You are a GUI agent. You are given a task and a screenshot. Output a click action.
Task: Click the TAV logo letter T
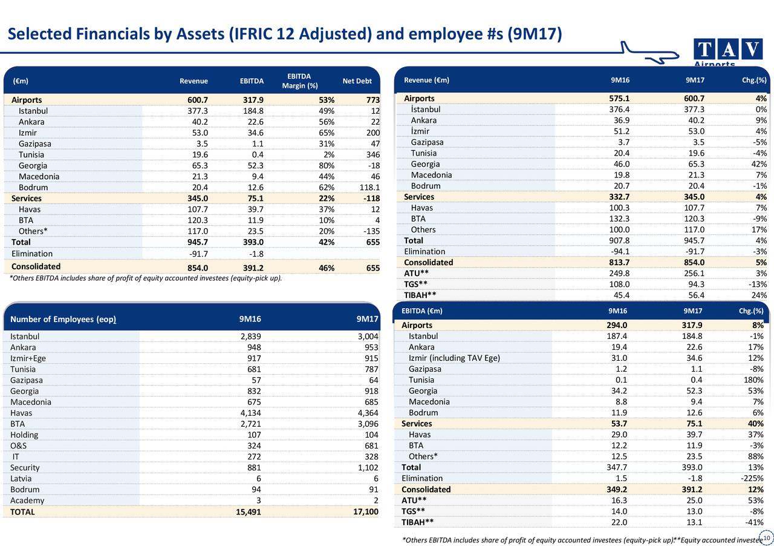tap(704, 49)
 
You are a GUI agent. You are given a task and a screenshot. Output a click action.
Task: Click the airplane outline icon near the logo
tap(649, 53)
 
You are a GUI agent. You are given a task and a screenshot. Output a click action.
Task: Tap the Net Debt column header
tap(357, 81)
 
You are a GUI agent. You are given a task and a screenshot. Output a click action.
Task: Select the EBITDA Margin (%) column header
tap(299, 81)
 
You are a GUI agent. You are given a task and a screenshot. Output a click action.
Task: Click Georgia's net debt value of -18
tap(374, 166)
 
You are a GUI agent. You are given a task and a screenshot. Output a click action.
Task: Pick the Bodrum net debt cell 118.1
tap(369, 188)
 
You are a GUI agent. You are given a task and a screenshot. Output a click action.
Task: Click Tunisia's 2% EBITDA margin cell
tap(329, 155)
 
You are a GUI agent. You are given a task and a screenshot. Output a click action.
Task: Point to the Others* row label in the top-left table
tap(33, 231)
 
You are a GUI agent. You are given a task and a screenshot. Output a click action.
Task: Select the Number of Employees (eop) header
tap(63, 319)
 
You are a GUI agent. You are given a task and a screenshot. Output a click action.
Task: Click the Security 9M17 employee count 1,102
tap(368, 468)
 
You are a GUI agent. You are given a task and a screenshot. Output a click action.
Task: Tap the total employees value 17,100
tap(366, 511)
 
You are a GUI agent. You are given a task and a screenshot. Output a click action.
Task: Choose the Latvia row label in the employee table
tap(21, 479)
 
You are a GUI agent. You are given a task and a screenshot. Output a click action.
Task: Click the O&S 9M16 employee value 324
tap(254, 446)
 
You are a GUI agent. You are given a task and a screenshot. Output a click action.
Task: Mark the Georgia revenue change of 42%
tap(759, 164)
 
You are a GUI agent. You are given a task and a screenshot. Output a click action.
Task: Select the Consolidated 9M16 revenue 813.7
tap(619, 262)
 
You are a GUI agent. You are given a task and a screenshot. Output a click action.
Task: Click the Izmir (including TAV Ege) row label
tap(454, 358)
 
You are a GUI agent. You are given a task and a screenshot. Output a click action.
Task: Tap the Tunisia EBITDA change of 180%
tap(753, 380)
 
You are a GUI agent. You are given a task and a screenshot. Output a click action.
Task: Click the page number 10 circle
tap(767, 538)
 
